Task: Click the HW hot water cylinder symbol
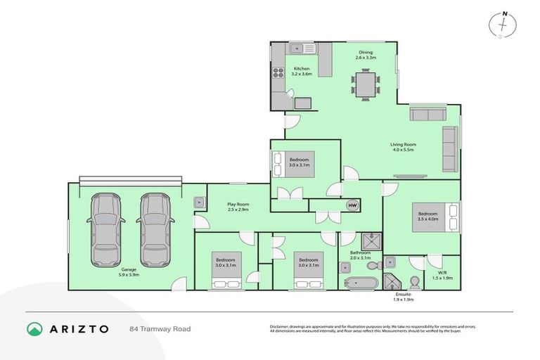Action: (352, 205)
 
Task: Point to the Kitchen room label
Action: (302, 69)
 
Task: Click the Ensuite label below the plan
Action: (404, 295)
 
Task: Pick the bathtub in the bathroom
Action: (359, 283)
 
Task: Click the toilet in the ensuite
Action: (415, 282)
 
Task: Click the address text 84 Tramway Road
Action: (160, 328)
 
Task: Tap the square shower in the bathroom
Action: (374, 242)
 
